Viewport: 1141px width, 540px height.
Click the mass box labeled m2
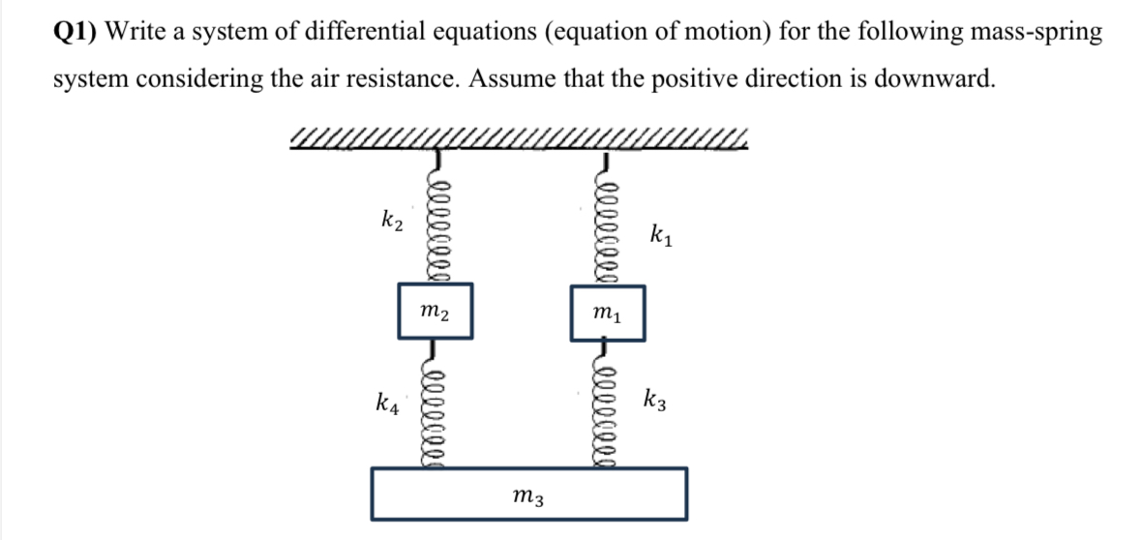pos(435,310)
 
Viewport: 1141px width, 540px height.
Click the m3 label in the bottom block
pos(528,497)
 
